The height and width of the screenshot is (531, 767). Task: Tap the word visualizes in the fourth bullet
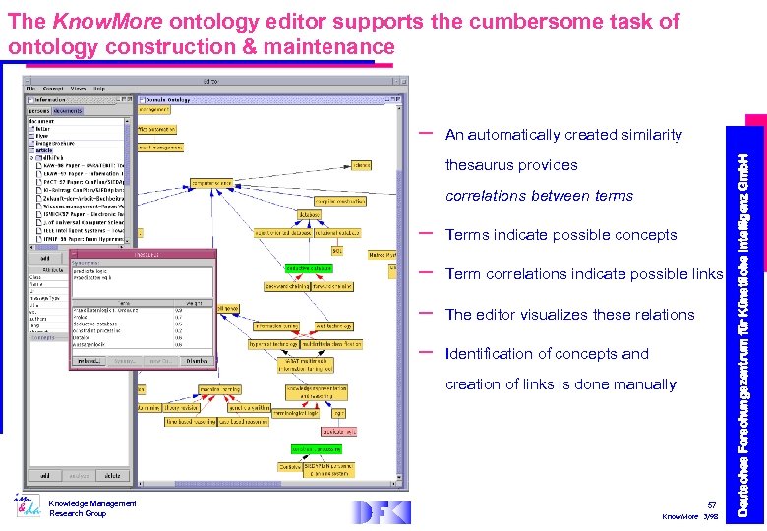(548, 315)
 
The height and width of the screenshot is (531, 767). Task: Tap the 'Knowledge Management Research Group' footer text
(83, 508)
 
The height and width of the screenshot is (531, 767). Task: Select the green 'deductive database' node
(309, 267)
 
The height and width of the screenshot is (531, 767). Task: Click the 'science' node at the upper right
(361, 165)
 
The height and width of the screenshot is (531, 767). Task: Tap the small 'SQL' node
(336, 251)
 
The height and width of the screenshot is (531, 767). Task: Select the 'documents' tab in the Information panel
(69, 110)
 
